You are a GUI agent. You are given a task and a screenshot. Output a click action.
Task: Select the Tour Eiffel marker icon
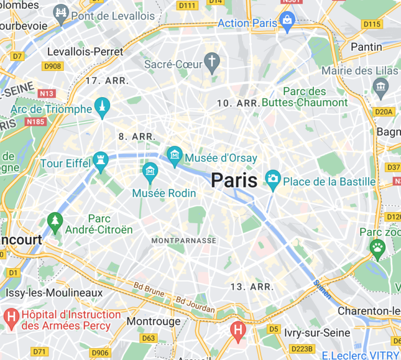click(x=100, y=160)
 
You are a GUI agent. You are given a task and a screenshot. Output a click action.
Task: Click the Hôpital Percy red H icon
click(x=10, y=316)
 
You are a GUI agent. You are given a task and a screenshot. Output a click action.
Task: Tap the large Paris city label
click(x=234, y=181)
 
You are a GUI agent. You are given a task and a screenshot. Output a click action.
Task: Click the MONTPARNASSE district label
click(x=183, y=240)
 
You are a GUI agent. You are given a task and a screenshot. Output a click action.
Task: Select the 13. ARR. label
click(x=252, y=287)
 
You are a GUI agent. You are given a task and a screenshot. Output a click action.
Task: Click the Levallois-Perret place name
click(x=85, y=52)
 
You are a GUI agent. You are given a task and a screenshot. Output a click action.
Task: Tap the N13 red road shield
click(x=46, y=93)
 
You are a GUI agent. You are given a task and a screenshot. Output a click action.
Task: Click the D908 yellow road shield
click(x=52, y=66)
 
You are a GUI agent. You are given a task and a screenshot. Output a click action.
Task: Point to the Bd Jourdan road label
click(x=195, y=305)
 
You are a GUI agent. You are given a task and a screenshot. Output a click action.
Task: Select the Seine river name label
click(x=322, y=289)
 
